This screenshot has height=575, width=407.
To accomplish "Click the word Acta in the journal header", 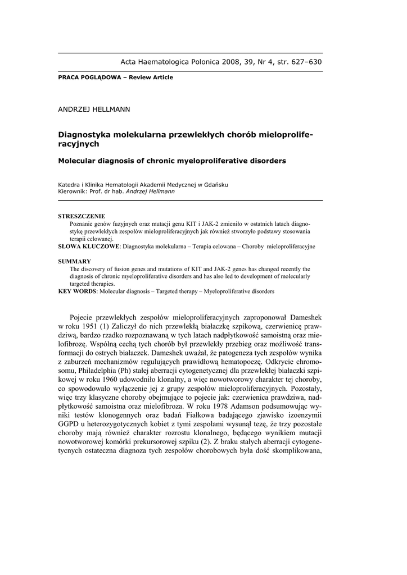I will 130,62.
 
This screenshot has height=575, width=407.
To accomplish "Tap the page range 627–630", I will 303,62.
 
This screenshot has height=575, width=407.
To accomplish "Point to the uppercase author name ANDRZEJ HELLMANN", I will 94,109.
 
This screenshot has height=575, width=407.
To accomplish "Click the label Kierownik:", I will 74,191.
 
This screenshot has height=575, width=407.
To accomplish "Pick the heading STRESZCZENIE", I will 82,216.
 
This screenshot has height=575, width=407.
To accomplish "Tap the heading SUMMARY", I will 75,262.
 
